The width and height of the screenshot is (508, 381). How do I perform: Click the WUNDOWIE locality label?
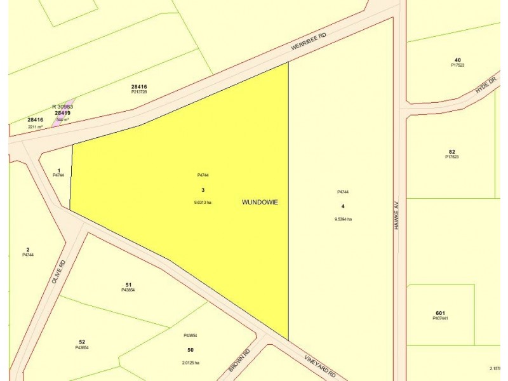[x=260, y=202]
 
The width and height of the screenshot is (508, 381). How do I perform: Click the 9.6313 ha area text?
[x=203, y=202]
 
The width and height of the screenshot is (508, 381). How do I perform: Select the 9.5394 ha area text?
[x=343, y=219]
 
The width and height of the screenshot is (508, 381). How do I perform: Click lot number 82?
[x=451, y=151]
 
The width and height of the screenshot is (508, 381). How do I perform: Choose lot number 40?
[x=457, y=60]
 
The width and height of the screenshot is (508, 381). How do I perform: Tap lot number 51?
[x=128, y=284]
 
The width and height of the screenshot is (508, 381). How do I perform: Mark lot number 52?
[x=82, y=342]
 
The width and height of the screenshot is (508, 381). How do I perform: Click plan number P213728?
[x=139, y=92]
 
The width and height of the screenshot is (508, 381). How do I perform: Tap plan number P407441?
[x=441, y=318]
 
